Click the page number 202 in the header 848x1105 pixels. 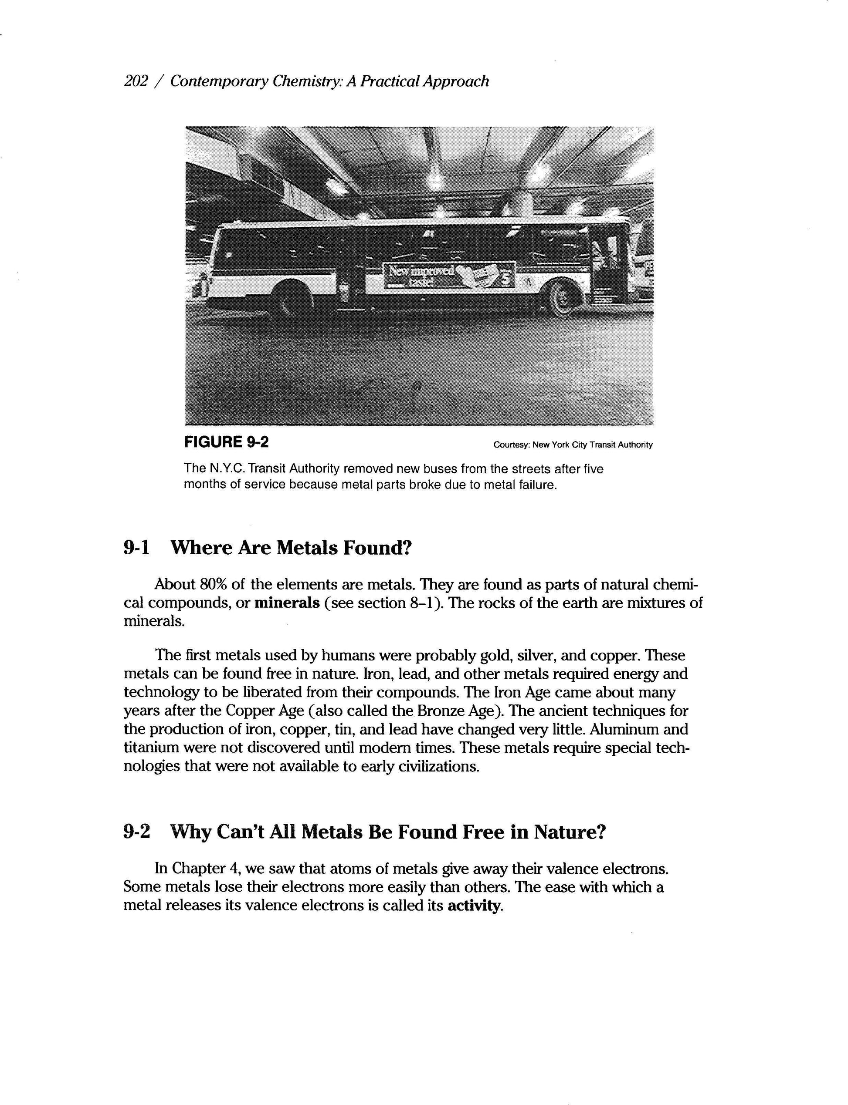135,81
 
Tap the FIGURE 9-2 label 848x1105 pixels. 227,442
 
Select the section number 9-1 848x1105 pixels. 137,547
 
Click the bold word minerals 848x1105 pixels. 287,603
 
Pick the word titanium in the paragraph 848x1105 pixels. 147,748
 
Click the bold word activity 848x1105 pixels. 475,906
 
